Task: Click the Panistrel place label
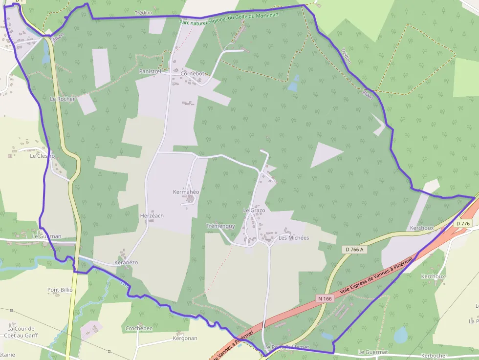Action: pyautogui.click(x=150, y=71)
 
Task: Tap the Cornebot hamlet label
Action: pyautogui.click(x=192, y=73)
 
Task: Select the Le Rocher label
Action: pyautogui.click(x=63, y=99)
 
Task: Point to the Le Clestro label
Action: pyautogui.click(x=43, y=156)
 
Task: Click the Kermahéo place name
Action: pyautogui.click(x=186, y=192)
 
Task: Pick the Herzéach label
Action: pyautogui.click(x=152, y=215)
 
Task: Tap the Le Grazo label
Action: pyautogui.click(x=254, y=211)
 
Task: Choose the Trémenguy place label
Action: pyautogui.click(x=220, y=226)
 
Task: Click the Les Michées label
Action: pyautogui.click(x=294, y=238)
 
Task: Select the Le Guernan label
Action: pyautogui.click(x=46, y=236)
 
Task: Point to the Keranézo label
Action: pyautogui.click(x=126, y=262)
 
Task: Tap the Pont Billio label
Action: pyautogui.click(x=60, y=290)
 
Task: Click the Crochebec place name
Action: pyautogui.click(x=139, y=328)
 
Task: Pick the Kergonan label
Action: pyautogui.click(x=185, y=338)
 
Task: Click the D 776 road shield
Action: pyautogui.click(x=462, y=224)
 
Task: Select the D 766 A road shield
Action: pyautogui.click(x=354, y=249)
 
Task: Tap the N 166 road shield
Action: pyautogui.click(x=325, y=298)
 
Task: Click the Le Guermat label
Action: pyautogui.click(x=373, y=352)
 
